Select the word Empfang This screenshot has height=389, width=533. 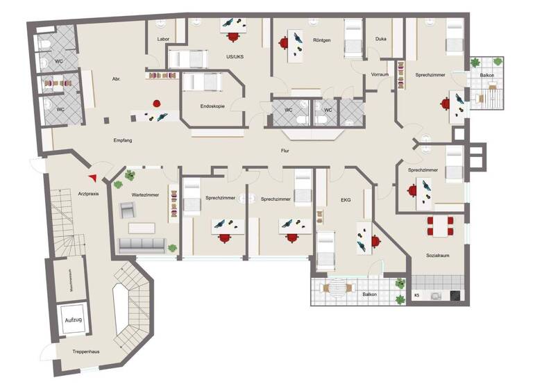[123, 141]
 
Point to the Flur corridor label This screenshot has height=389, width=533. [285, 150]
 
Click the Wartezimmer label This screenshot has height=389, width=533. [145, 195]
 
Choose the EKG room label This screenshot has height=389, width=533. [346, 200]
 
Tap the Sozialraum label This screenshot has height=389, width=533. [437, 256]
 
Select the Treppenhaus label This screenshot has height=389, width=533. [86, 352]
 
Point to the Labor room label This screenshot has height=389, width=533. [164, 40]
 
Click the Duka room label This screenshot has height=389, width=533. [380, 40]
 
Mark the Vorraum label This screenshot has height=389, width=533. [380, 74]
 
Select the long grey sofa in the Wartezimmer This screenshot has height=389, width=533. [142, 245]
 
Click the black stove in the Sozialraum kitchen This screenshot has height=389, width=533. [455, 295]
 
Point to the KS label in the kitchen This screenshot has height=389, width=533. [417, 296]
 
